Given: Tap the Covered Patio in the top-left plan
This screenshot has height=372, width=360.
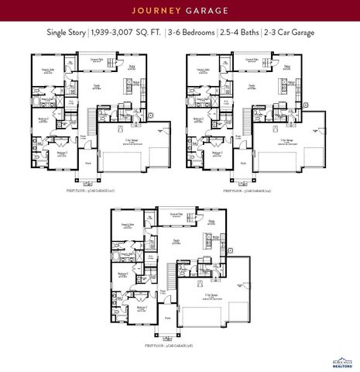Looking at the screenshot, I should coord(97,60).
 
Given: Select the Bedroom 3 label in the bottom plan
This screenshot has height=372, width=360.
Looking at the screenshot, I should coord(142,308).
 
